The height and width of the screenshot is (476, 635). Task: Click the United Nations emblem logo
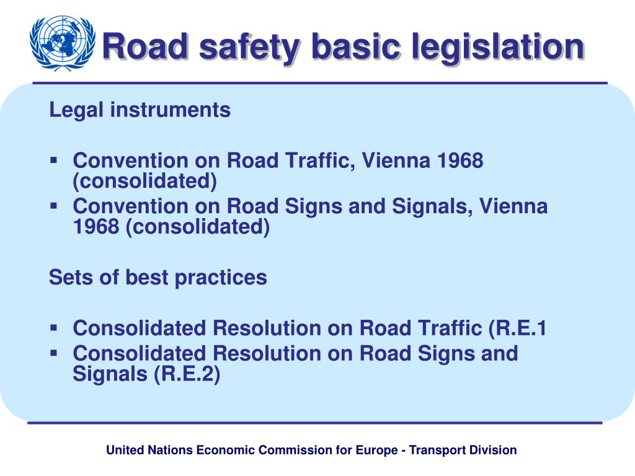[x=62, y=43]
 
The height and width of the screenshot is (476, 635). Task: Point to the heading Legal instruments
[x=140, y=110]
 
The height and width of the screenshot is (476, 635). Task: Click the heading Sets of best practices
[x=158, y=277]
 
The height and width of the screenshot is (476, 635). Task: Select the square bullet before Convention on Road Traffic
[x=54, y=160]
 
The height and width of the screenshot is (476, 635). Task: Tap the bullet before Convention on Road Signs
[x=54, y=205]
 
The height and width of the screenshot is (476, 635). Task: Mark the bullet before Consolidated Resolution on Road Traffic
[x=54, y=327]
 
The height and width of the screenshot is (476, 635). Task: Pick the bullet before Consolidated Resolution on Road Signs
[x=54, y=353]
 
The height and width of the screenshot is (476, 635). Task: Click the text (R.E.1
[x=517, y=328]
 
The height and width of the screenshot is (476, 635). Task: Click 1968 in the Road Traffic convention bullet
[x=460, y=161]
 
